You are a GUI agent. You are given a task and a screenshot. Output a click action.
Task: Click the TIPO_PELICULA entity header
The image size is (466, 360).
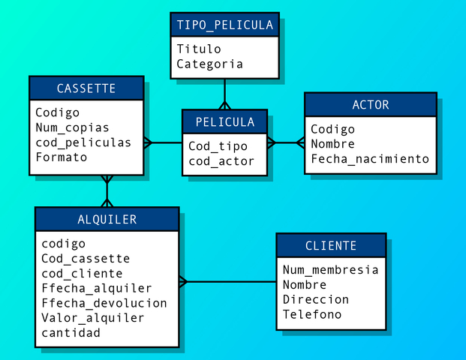point(224,25)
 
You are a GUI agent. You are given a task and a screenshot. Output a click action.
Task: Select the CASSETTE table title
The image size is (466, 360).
point(86,88)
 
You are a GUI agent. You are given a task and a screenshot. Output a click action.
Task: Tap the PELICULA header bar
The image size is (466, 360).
point(224,122)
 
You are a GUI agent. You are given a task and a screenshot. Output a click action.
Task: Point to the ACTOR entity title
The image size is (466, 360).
point(370,105)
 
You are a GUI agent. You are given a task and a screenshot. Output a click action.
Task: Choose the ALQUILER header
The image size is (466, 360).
point(107,220)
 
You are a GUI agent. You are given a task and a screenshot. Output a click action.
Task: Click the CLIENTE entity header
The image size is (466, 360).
point(331,246)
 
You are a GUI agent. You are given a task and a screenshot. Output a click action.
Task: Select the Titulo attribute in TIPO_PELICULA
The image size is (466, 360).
point(199,49)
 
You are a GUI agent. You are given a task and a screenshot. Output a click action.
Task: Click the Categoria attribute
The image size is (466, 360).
point(209,64)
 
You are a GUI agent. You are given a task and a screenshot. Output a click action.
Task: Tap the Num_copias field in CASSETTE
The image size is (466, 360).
point(72,127)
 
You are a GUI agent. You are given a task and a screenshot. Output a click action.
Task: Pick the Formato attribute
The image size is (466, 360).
point(61,157)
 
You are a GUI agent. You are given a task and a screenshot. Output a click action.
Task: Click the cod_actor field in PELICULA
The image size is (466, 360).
point(221,160)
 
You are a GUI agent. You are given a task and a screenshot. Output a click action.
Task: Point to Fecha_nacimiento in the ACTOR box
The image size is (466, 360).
point(369,159)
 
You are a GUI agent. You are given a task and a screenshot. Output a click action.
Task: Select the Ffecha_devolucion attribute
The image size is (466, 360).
point(104,303)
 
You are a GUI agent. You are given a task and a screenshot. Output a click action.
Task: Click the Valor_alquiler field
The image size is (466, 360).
point(93,318)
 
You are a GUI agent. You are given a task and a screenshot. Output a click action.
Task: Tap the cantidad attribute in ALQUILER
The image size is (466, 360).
point(71,333)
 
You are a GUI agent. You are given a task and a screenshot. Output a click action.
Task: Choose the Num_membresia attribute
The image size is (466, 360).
point(330,269)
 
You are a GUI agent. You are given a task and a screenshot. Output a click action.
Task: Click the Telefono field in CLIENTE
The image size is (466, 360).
point(311,314)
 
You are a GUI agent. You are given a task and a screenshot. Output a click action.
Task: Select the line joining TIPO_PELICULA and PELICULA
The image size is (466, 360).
point(224,94)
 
